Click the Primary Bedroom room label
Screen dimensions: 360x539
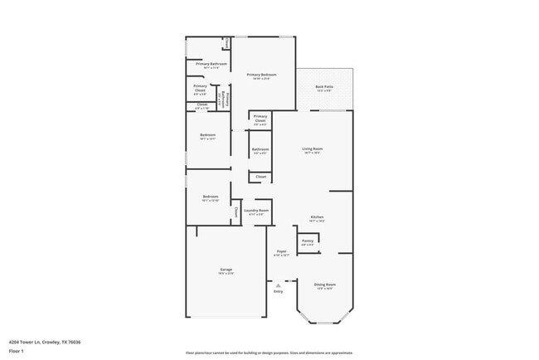[262, 75]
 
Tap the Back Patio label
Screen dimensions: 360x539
[324, 86]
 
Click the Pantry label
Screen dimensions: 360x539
[307, 241]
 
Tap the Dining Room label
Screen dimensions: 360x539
[324, 285]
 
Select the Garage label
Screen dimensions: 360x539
[226, 270]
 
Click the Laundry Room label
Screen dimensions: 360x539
[256, 211]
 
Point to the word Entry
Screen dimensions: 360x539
[278, 291]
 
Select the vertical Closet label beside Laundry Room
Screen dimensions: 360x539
[236, 212]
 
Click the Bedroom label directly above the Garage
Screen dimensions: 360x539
[209, 197]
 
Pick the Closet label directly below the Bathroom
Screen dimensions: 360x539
[260, 177]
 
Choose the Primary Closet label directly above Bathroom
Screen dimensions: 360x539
[260, 118]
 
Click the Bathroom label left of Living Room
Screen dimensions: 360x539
[260, 149]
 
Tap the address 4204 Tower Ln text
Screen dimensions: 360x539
[45, 341]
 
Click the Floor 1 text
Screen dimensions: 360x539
[16, 351]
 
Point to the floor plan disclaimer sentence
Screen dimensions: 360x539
[269, 353]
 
